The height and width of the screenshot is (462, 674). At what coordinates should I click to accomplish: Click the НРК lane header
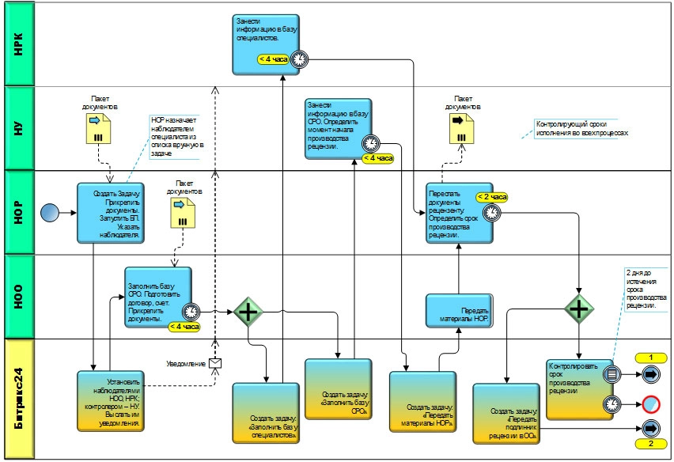pyautogui.click(x=20, y=44)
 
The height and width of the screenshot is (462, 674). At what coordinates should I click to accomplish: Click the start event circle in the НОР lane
pyautogui.click(x=50, y=213)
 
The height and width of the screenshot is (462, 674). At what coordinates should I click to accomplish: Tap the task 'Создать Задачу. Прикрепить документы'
pyautogui.click(x=111, y=213)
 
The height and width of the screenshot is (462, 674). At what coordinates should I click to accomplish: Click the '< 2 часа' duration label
pyautogui.click(x=491, y=197)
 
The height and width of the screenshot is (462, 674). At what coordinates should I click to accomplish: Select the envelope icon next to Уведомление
pyautogui.click(x=214, y=363)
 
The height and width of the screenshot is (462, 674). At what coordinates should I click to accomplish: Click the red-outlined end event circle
pyautogui.click(x=650, y=403)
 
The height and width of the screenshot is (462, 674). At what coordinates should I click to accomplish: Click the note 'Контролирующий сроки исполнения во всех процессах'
pyautogui.click(x=581, y=128)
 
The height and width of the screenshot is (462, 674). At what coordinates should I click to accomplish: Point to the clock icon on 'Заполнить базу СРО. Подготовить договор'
pyautogui.click(x=190, y=312)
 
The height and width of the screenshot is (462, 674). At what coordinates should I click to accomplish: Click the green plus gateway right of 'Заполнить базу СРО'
pyautogui.click(x=248, y=312)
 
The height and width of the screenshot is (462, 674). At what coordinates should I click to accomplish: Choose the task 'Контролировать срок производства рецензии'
pyautogui.click(x=579, y=388)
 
